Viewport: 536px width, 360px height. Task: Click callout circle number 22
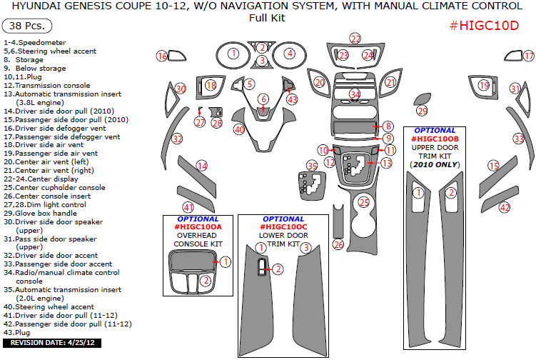click(355, 39)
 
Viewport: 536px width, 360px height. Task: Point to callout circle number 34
click(355, 94)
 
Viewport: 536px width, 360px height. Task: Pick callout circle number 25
click(364, 203)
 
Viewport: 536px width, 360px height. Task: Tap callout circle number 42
click(505, 208)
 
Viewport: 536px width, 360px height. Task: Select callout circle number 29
click(422, 111)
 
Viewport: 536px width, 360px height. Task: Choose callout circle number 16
click(162, 56)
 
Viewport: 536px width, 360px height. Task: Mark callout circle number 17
click(528, 56)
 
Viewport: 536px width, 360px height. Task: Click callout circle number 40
click(239, 129)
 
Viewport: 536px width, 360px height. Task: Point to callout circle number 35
click(312, 166)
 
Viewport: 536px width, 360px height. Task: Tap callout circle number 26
click(339, 245)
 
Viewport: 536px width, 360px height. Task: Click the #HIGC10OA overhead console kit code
click(198, 227)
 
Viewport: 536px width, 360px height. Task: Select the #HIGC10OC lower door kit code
click(283, 227)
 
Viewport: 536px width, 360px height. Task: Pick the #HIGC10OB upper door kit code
click(435, 139)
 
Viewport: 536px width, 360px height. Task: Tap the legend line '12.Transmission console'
click(46, 86)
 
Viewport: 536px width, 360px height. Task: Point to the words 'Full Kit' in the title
click(267, 18)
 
